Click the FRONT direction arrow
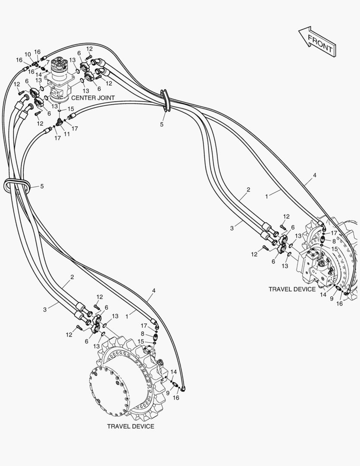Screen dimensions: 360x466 click(x=317, y=41)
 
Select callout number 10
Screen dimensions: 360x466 click(x=28, y=54)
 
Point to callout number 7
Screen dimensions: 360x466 click(x=48, y=63)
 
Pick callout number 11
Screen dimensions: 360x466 click(x=67, y=134)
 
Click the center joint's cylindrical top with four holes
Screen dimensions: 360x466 click(x=58, y=65)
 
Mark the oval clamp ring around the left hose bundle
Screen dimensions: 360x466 click(x=17, y=186)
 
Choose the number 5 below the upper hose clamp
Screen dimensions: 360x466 click(x=162, y=125)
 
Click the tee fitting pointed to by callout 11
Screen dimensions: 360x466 click(x=59, y=121)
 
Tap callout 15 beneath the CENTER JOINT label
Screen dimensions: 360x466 click(x=71, y=109)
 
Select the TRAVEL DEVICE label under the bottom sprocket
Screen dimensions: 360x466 click(x=131, y=426)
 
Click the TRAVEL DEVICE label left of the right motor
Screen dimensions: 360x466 click(x=292, y=289)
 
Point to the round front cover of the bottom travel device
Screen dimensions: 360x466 click(x=110, y=390)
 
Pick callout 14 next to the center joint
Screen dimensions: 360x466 click(x=39, y=75)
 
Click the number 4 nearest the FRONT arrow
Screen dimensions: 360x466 click(x=315, y=175)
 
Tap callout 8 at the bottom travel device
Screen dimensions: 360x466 click(x=143, y=334)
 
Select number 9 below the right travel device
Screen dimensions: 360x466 click(x=332, y=299)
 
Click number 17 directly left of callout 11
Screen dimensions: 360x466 click(x=58, y=138)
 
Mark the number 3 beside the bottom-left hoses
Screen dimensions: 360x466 click(x=45, y=309)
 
